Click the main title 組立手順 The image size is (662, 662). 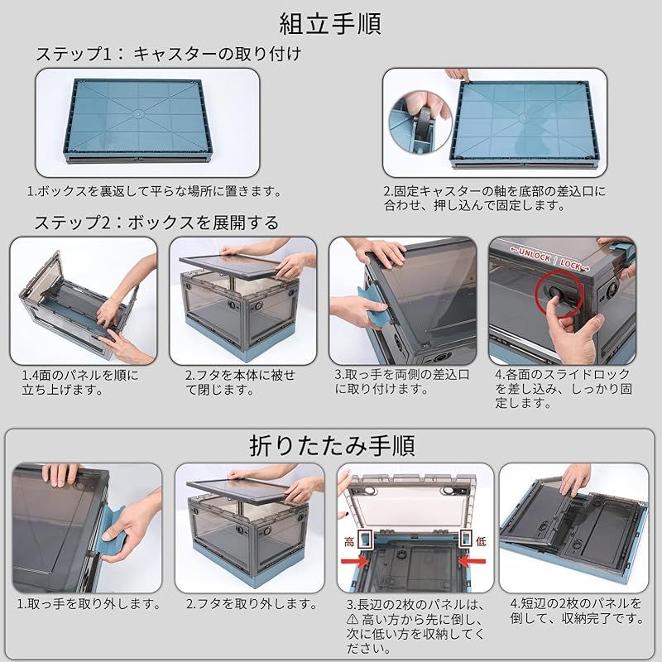tap(331, 23)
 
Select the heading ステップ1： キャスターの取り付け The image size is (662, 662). tap(167, 55)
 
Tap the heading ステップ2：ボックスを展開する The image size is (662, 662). tap(156, 223)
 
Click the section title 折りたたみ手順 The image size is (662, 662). tap(331, 446)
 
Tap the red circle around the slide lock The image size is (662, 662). tap(555, 295)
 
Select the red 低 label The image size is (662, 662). tap(481, 541)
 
